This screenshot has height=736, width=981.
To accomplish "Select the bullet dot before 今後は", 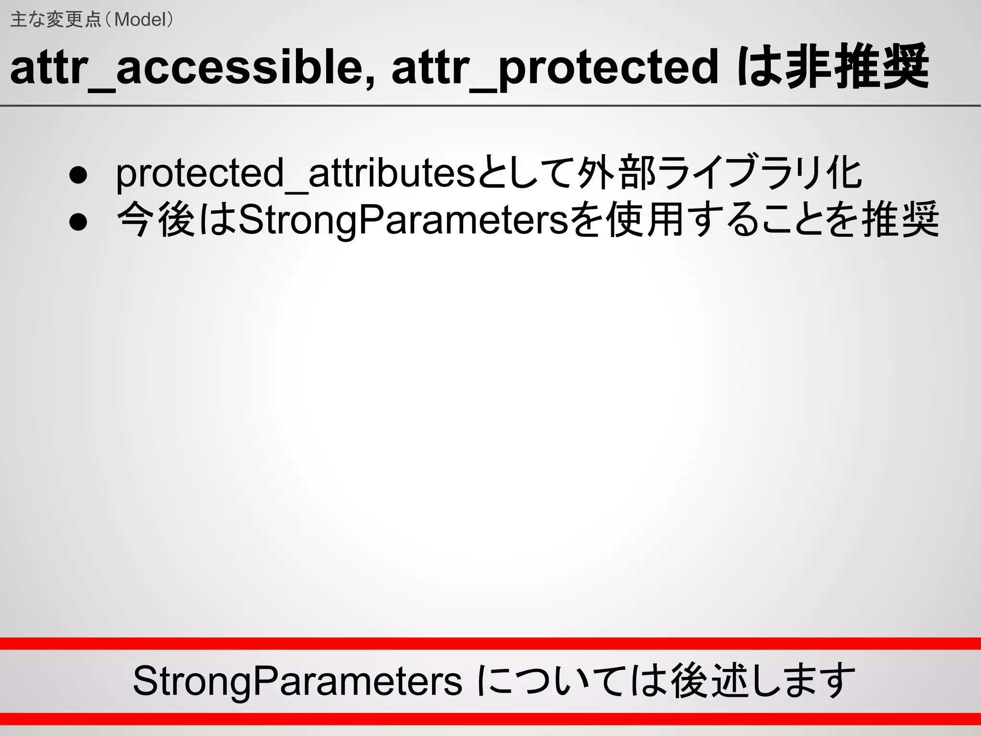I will tap(78, 221).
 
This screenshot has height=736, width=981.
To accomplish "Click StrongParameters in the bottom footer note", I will tap(297, 681).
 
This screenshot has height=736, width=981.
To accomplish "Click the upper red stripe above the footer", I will tap(490, 644).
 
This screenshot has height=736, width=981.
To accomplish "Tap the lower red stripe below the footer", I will tap(490, 719).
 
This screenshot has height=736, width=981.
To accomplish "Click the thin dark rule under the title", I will tap(490, 105).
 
